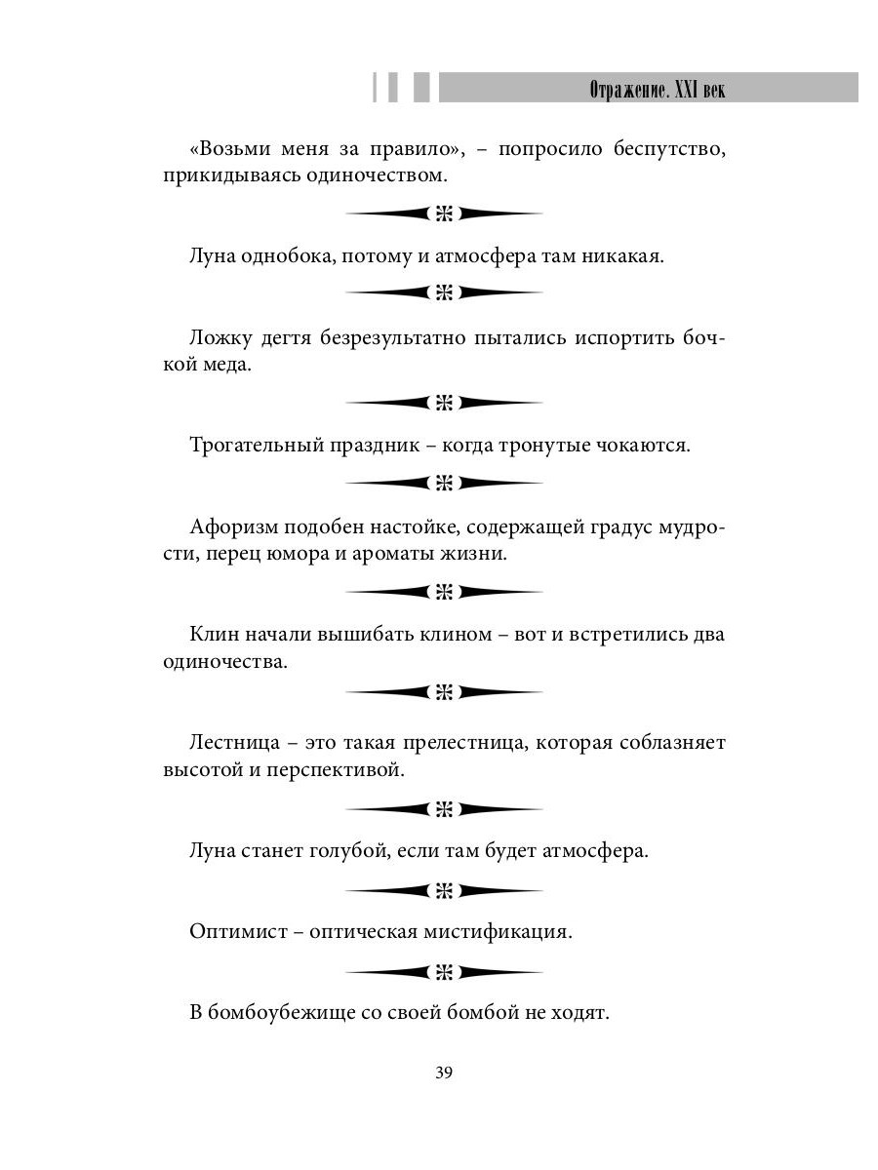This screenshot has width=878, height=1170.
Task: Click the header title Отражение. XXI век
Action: (658, 90)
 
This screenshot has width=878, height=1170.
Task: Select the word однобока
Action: (279, 257)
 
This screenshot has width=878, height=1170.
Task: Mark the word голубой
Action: (328, 850)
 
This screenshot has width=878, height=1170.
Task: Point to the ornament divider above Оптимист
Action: (444, 890)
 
